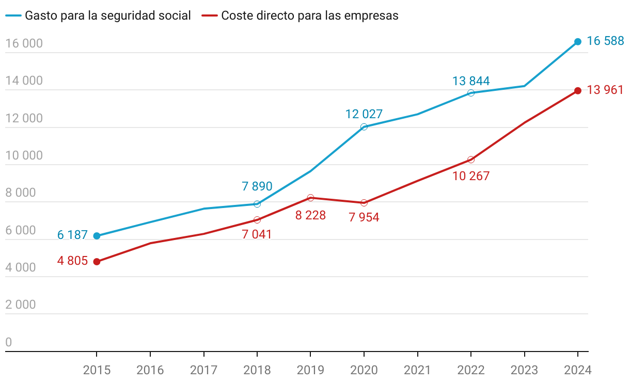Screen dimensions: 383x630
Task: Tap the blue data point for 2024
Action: click(x=578, y=42)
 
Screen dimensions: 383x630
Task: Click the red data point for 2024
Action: click(x=578, y=91)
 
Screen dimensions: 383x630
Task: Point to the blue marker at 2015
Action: click(x=97, y=236)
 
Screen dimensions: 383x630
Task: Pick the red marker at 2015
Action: click(x=97, y=262)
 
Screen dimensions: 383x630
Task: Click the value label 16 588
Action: click(x=606, y=41)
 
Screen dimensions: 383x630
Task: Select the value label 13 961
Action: click(x=606, y=90)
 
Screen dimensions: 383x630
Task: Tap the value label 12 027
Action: click(x=364, y=114)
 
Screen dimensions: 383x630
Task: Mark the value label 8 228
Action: click(x=310, y=215)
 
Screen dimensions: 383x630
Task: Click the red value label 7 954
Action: click(x=364, y=217)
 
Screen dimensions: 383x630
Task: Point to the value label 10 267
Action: click(x=471, y=176)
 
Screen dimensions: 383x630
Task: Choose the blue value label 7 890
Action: click(x=257, y=186)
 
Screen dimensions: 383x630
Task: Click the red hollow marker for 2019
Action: click(x=310, y=198)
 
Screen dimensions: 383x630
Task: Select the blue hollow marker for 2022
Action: click(x=471, y=93)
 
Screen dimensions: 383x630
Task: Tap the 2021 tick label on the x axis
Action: click(x=417, y=370)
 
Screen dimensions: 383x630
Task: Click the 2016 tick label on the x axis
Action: click(x=150, y=370)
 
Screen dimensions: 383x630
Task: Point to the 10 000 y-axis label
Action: click(x=24, y=156)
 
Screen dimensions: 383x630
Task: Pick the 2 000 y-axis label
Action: click(x=21, y=305)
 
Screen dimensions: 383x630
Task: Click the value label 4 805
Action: click(x=72, y=261)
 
